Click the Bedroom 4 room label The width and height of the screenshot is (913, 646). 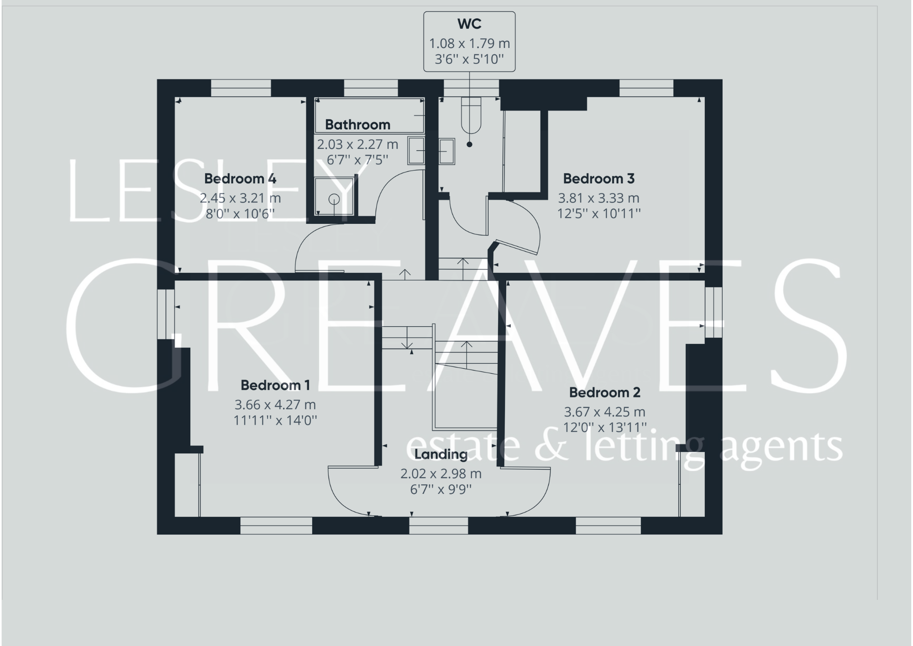[240, 179]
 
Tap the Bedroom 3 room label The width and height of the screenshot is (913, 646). [598, 179]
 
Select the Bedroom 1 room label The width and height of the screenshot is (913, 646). [275, 385]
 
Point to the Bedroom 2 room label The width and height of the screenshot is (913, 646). [604, 392]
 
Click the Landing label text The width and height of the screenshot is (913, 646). [441, 454]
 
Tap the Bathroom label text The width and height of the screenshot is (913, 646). [357, 125]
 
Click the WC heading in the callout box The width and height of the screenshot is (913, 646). [469, 24]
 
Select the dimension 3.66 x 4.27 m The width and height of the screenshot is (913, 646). [275, 405]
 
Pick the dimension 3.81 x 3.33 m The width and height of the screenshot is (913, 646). [598, 198]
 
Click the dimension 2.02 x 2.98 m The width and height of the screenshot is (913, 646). [441, 474]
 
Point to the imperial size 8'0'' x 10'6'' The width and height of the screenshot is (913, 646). [240, 213]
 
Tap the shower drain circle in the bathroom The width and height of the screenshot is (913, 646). [334, 199]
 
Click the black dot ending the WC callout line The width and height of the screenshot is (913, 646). [469, 144]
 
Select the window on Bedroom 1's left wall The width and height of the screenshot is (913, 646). [166, 313]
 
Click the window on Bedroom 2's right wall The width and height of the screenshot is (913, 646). [714, 312]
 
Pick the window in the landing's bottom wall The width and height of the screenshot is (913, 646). [438, 526]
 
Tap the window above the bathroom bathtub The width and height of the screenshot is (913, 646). [371, 88]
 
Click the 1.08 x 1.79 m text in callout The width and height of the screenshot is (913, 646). [469, 43]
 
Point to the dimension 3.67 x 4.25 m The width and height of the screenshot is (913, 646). [604, 412]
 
